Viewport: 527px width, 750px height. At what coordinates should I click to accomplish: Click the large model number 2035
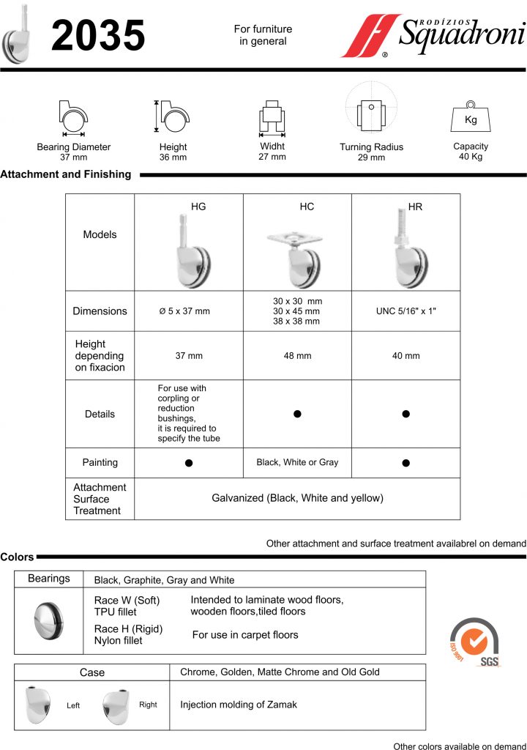pyautogui.click(x=98, y=36)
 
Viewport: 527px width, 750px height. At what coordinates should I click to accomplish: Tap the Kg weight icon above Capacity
pyautogui.click(x=471, y=118)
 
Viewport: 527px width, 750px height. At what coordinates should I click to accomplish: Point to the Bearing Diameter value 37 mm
pyautogui.click(x=73, y=157)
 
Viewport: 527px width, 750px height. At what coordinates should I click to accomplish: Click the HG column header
pyautogui.click(x=198, y=207)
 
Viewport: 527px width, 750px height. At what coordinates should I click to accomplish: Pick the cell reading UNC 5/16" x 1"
pyautogui.click(x=406, y=311)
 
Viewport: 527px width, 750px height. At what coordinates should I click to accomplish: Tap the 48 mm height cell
pyautogui.click(x=298, y=356)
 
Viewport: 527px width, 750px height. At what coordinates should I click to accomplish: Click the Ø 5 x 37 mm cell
pyautogui.click(x=184, y=311)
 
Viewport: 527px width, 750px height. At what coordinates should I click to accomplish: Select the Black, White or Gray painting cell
pyautogui.click(x=298, y=462)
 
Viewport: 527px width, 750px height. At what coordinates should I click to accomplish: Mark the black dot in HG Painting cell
pyautogui.click(x=189, y=463)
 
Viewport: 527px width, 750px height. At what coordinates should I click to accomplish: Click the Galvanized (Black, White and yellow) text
pyautogui.click(x=298, y=498)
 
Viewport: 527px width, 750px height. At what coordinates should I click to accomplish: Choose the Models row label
pyautogui.click(x=100, y=234)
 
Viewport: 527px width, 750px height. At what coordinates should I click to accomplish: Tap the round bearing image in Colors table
pyautogui.click(x=49, y=620)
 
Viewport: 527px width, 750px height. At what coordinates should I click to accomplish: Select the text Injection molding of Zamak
pyautogui.click(x=239, y=705)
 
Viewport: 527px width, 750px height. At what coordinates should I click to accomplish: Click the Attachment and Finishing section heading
pyautogui.click(x=66, y=174)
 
